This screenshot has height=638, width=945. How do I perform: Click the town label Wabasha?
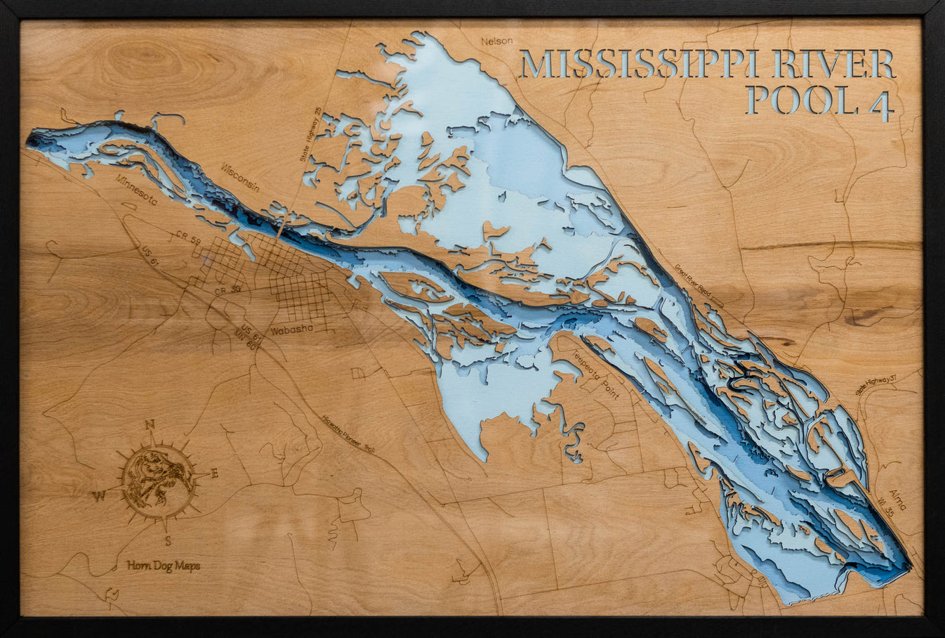[x=290, y=329]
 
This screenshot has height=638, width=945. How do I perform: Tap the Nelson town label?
[x=497, y=41]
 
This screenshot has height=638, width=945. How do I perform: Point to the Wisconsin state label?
[x=240, y=177]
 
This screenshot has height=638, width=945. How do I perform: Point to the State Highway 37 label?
[x=875, y=384]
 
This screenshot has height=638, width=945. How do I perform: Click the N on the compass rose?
[x=149, y=424]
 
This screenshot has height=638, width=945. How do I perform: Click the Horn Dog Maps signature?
[x=164, y=566]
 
